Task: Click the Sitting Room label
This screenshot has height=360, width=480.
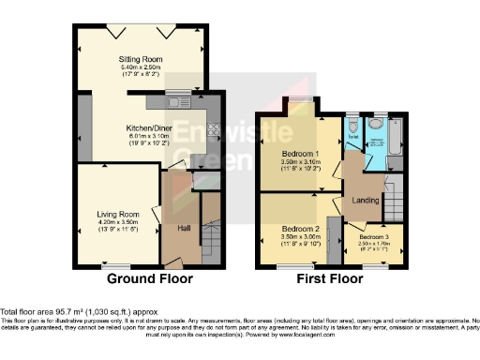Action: coord(142,59)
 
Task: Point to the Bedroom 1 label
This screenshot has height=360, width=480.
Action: coord(301,153)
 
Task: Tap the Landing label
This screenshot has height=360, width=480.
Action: coord(365,199)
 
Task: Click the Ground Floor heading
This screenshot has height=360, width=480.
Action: coord(150,278)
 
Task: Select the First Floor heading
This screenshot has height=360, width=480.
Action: coord(328,278)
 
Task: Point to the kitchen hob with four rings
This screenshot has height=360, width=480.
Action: coord(213,131)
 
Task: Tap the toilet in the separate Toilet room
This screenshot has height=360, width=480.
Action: coord(352,124)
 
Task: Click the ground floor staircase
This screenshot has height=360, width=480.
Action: coord(211,230)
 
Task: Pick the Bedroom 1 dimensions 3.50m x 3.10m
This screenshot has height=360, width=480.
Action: coord(301,161)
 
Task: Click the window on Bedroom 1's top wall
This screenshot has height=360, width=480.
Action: coord(301,98)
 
